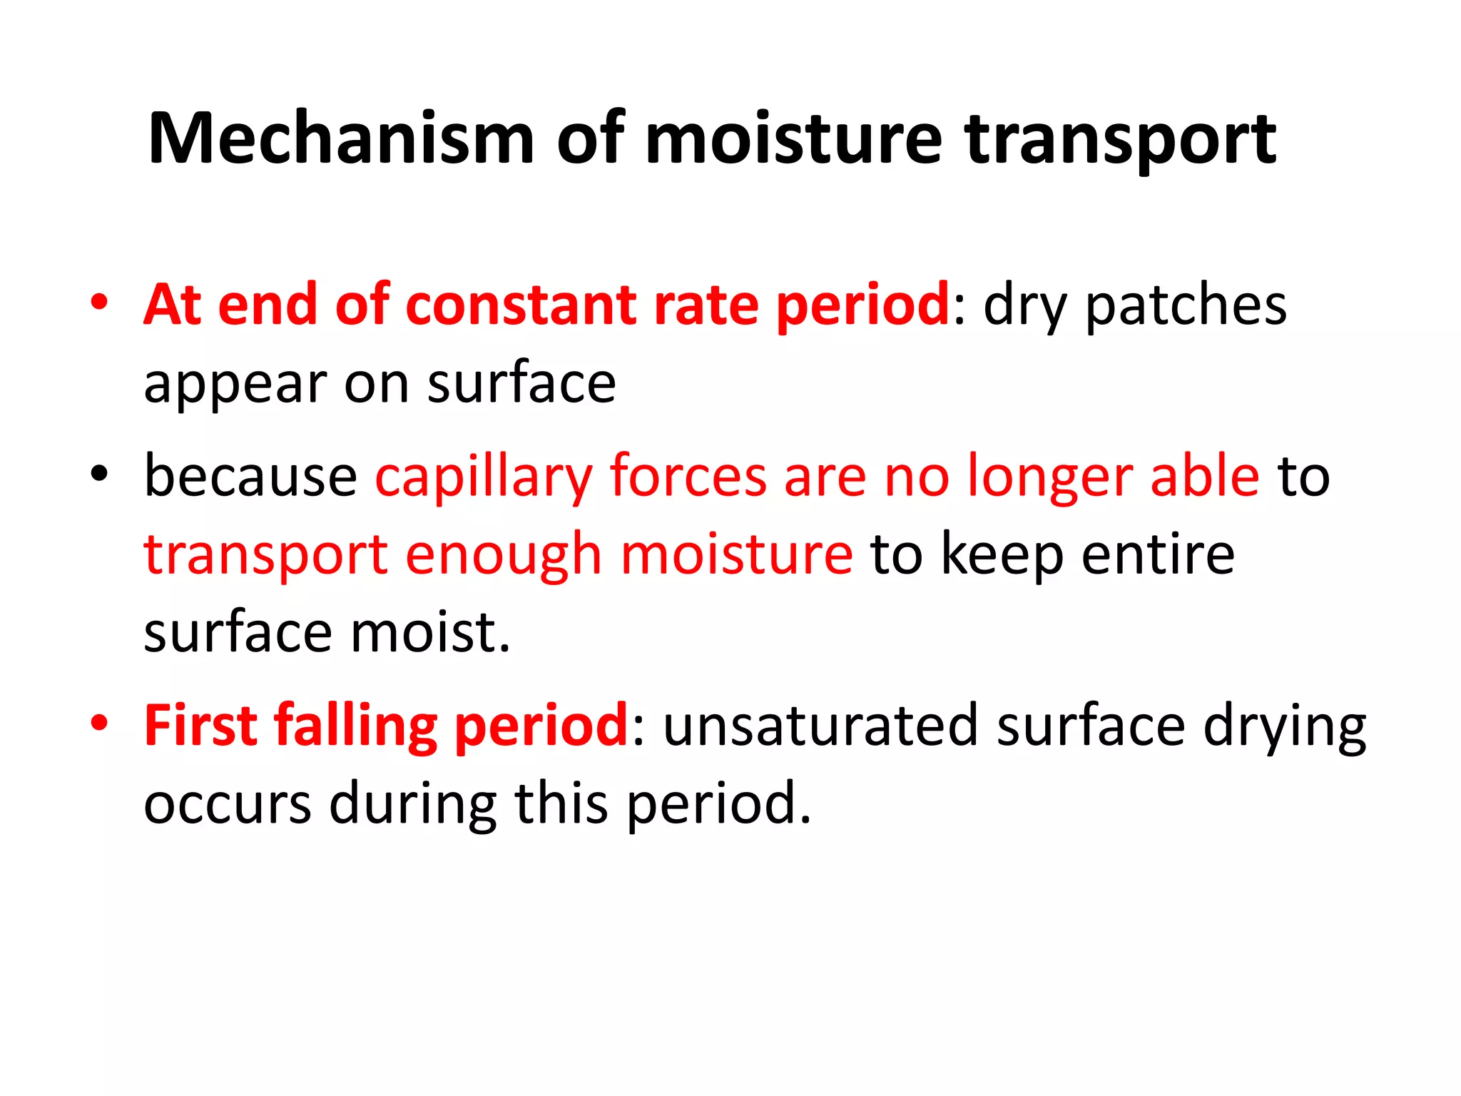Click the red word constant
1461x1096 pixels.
click(x=521, y=305)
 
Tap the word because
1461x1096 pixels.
click(x=250, y=476)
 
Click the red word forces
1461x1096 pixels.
click(x=688, y=476)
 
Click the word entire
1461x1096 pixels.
click(x=1158, y=554)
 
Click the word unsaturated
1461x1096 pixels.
click(x=820, y=726)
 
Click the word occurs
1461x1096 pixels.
click(x=228, y=804)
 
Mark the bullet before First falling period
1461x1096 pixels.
click(x=100, y=722)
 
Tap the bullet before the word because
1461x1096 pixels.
click(x=100, y=473)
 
